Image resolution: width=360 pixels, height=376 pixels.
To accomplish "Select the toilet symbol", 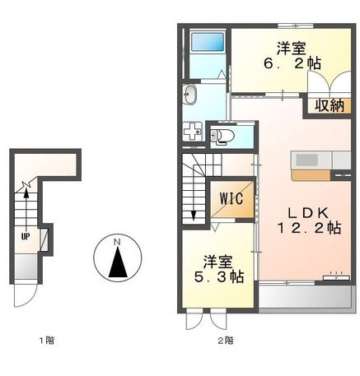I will pyautogui.click(x=223, y=136).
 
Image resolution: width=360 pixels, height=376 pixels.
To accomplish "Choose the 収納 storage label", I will pyautogui.click(x=329, y=104).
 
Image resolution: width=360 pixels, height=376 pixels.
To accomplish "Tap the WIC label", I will pyautogui.click(x=232, y=198).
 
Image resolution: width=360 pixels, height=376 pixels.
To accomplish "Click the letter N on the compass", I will pyautogui.click(x=118, y=242).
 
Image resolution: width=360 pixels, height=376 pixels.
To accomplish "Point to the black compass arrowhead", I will pyautogui.click(x=118, y=262).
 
